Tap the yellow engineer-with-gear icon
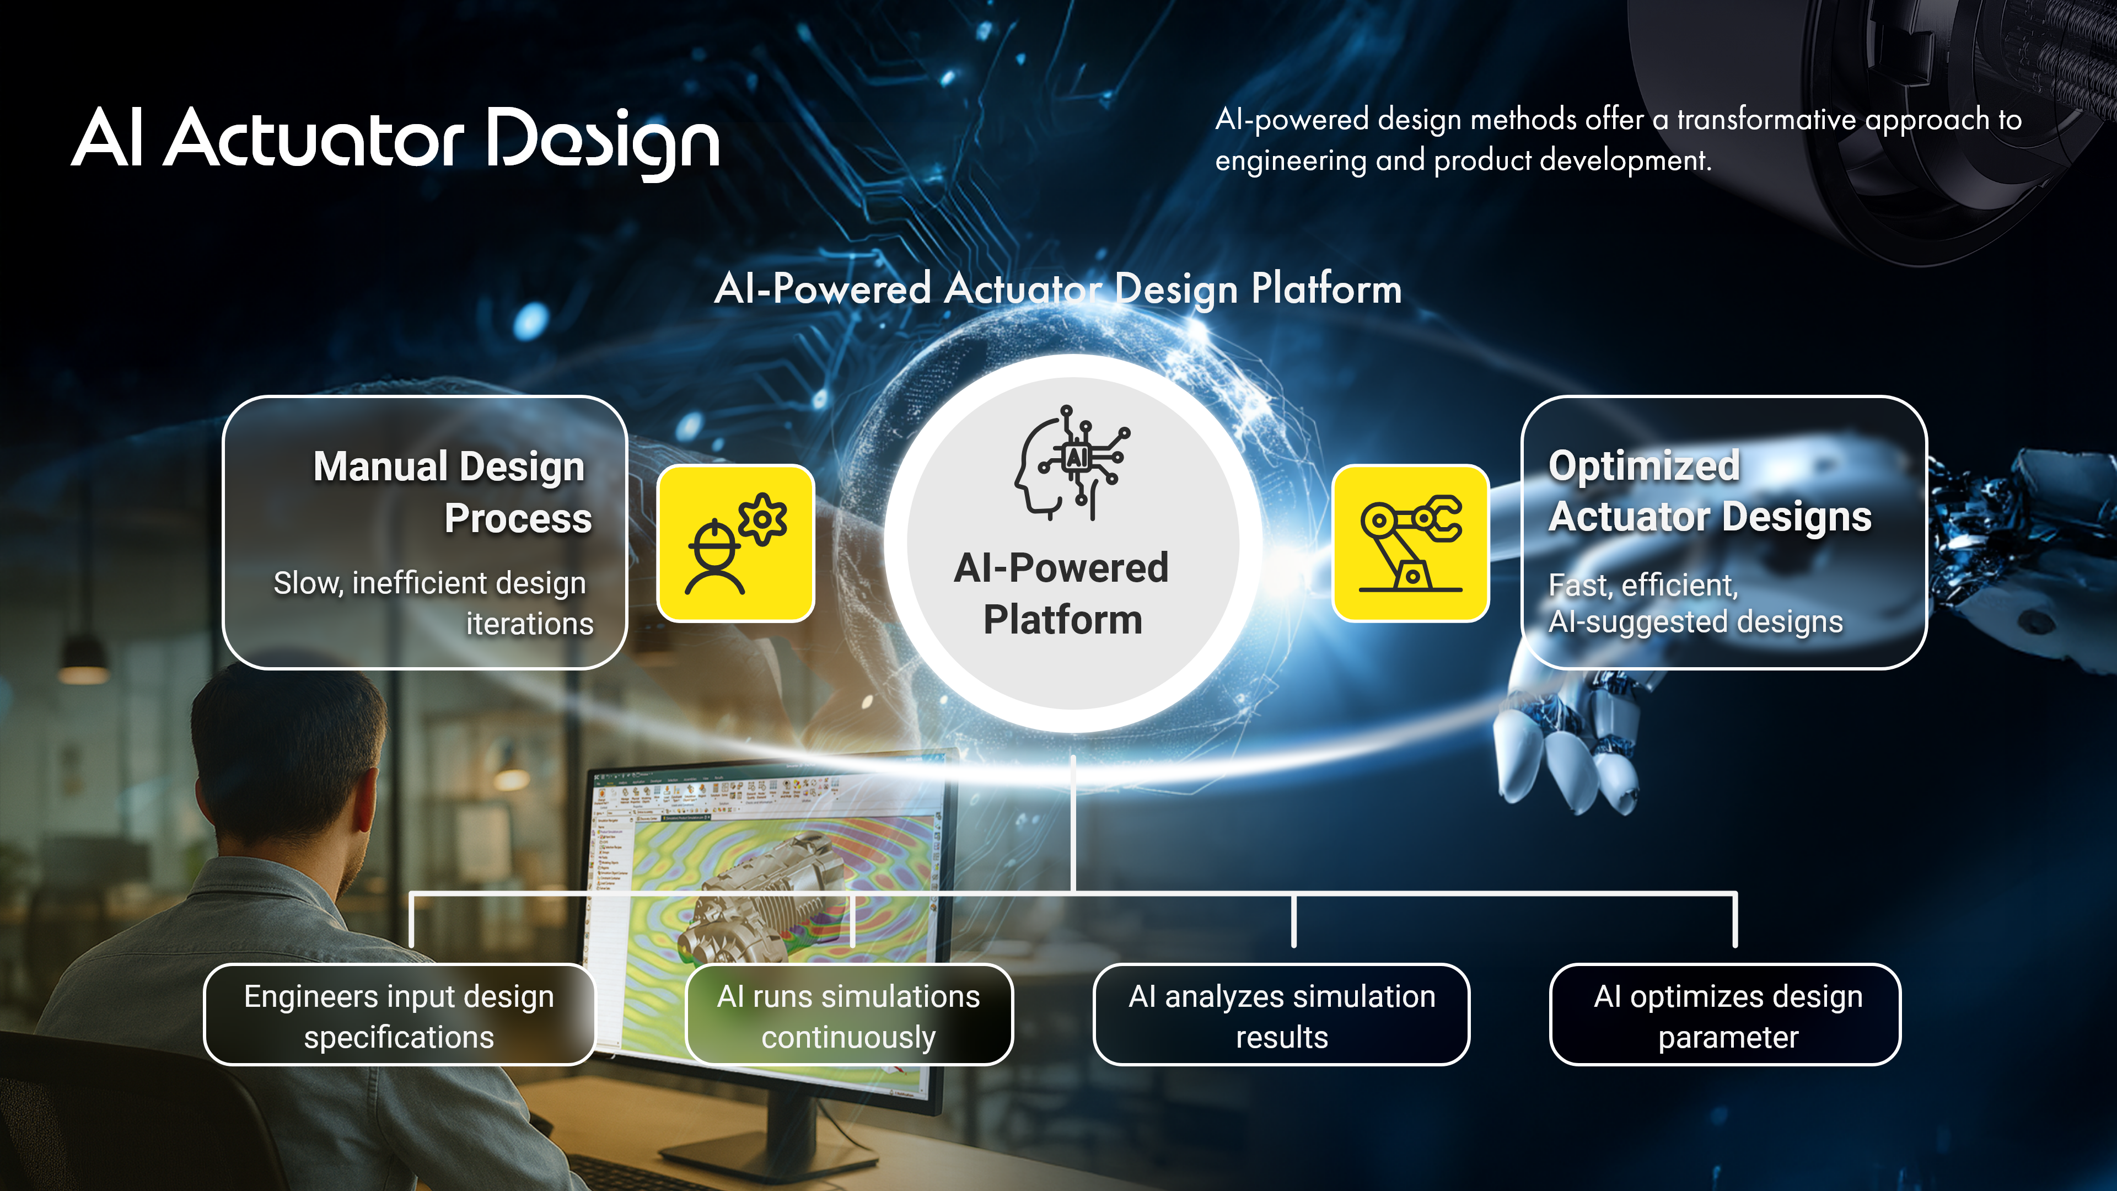coord(735,543)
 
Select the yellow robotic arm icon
coord(1410,543)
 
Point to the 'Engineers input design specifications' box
coord(399,1015)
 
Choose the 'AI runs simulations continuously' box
coord(849,1015)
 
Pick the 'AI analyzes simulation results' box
coord(1281,1015)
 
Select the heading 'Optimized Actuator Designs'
coord(1710,491)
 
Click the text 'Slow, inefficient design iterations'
coord(433,603)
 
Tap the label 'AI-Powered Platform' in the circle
coord(1062,593)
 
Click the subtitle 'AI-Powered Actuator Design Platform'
coord(1058,288)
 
